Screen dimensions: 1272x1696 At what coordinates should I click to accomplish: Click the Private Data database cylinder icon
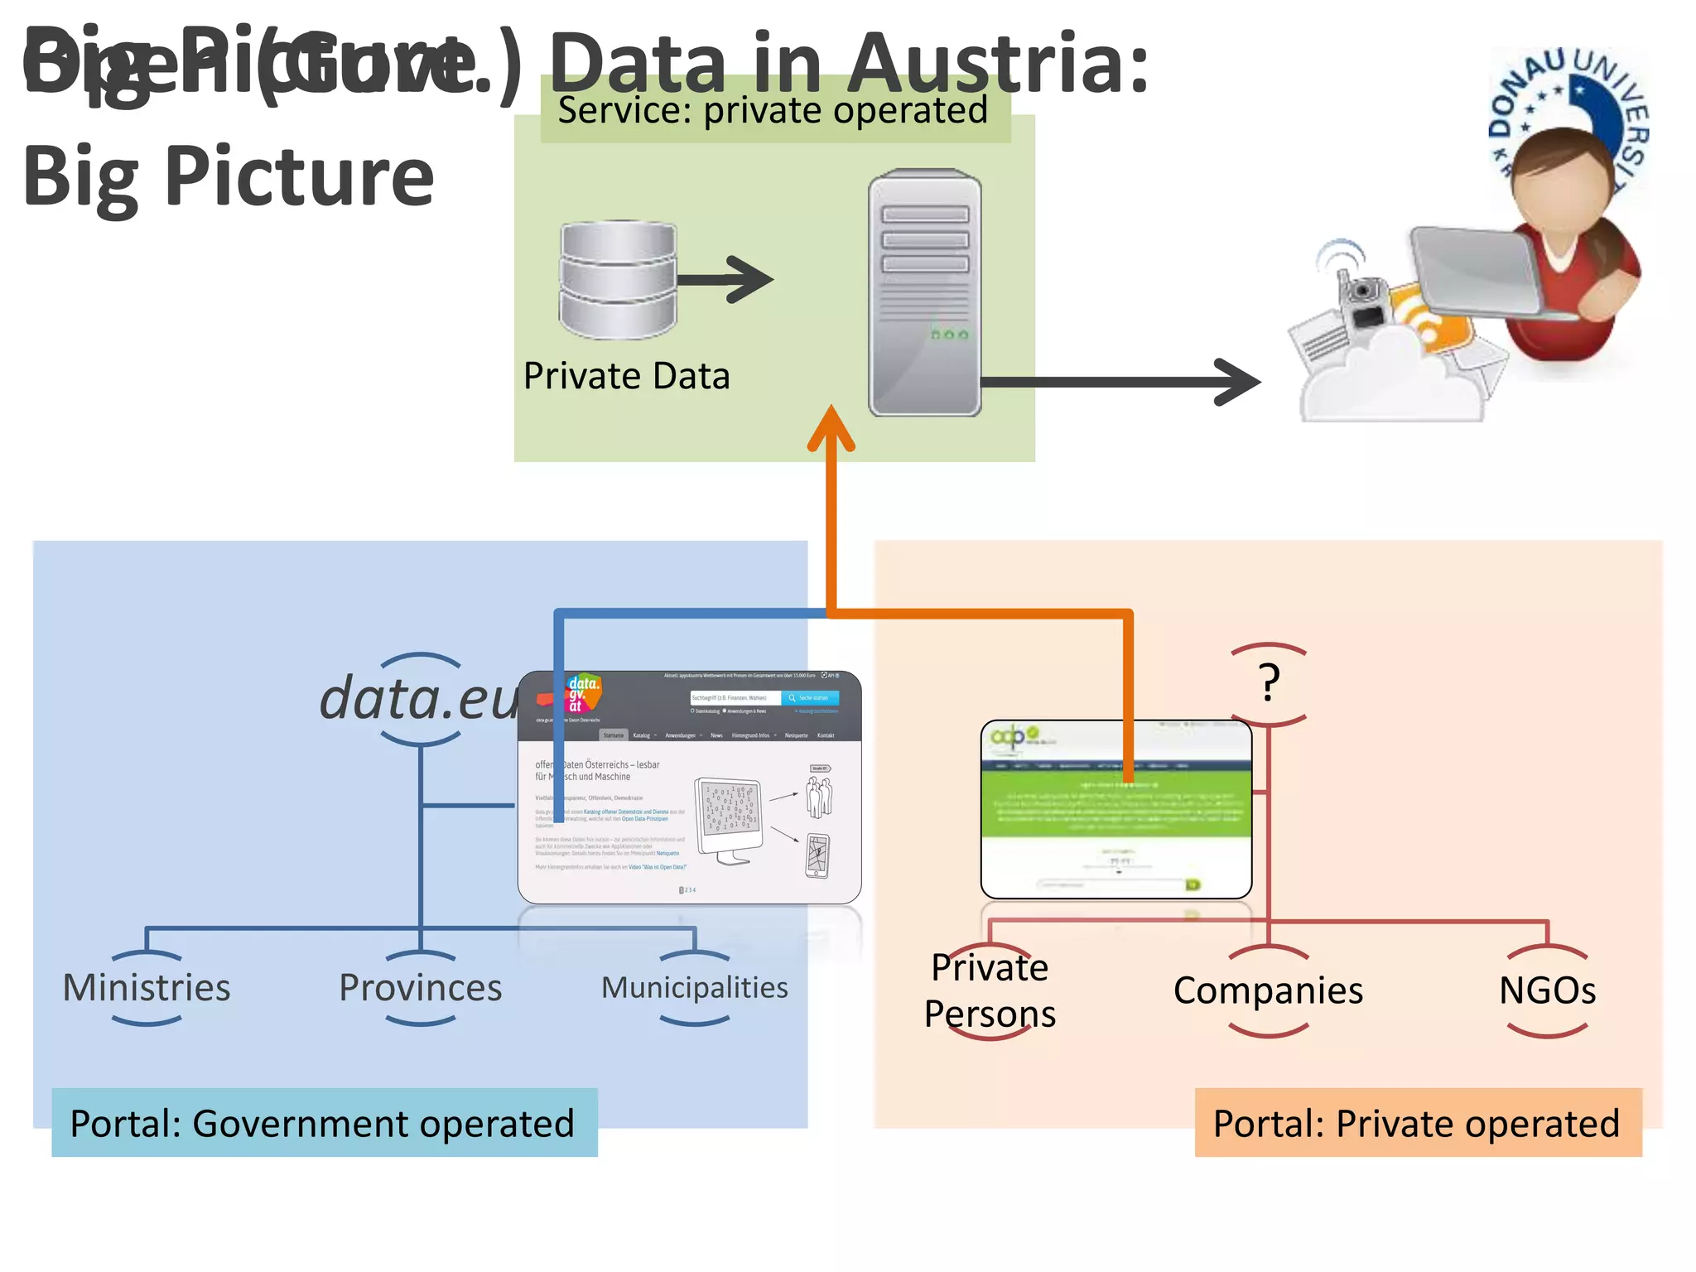(618, 280)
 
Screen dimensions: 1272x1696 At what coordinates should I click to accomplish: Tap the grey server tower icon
(924, 292)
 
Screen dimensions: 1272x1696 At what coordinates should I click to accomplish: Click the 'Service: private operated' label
(773, 111)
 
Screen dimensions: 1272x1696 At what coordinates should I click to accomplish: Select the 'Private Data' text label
(627, 376)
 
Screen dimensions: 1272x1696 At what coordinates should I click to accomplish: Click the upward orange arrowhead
(831, 427)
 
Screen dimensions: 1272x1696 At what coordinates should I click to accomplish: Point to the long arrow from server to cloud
(1118, 382)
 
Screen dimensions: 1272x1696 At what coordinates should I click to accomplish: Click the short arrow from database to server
(725, 279)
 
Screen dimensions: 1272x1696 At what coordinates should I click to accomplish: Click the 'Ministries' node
(147, 988)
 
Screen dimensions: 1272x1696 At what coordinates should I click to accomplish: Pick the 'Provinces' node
(421, 988)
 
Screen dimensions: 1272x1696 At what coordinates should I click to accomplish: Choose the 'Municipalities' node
(694, 988)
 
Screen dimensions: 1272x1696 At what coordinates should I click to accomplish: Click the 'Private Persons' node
(990, 990)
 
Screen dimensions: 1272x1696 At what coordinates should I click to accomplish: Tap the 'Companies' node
(1268, 990)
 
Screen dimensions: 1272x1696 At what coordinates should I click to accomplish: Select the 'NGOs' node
(1547, 990)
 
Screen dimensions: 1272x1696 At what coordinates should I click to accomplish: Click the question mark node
(1269, 684)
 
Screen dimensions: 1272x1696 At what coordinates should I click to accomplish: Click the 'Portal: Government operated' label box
(324, 1123)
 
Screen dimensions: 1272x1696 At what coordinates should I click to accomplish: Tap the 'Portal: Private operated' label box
(1417, 1123)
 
